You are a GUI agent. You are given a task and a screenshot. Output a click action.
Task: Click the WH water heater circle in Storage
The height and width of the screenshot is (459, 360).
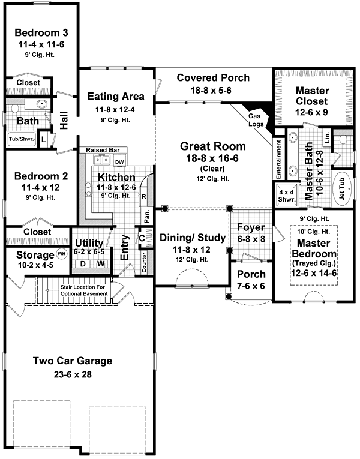61,254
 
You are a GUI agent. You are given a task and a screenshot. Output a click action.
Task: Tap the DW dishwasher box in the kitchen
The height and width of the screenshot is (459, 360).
119,162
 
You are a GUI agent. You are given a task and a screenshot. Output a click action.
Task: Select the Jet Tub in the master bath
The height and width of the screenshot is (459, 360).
341,189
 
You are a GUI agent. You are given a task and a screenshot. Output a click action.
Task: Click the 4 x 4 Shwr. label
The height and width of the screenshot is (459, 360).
286,196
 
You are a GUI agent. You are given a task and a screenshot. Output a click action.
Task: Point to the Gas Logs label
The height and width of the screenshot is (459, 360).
256,120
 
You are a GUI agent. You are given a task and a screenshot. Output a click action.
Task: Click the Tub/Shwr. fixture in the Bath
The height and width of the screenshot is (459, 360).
22,139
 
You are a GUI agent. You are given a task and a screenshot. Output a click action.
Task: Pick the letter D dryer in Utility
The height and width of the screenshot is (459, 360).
83,264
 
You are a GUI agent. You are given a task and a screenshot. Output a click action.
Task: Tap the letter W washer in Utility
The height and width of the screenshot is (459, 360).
101,264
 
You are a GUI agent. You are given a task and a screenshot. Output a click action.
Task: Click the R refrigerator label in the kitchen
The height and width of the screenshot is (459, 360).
144,197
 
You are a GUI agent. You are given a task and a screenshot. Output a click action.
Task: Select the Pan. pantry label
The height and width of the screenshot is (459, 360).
147,216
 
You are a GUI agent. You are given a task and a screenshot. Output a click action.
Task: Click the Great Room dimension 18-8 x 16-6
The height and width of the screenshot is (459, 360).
212,158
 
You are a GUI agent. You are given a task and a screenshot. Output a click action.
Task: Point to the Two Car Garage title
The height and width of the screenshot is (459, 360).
73,361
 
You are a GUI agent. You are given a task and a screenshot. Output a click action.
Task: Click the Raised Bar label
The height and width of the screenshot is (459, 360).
103,150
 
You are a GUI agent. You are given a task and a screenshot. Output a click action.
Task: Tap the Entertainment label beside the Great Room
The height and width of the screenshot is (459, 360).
278,159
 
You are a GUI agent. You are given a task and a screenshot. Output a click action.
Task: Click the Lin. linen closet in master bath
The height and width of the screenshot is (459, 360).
327,137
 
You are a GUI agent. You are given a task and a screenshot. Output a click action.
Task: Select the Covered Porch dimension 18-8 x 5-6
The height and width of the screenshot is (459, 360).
211,91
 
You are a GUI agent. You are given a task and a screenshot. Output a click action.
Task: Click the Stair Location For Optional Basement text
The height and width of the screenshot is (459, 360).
84,290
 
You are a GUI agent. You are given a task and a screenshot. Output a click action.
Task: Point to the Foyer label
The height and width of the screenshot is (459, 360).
251,227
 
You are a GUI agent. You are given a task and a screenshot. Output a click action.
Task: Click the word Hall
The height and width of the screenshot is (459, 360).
64,120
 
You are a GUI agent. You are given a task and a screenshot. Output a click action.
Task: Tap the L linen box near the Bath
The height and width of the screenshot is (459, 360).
43,139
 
